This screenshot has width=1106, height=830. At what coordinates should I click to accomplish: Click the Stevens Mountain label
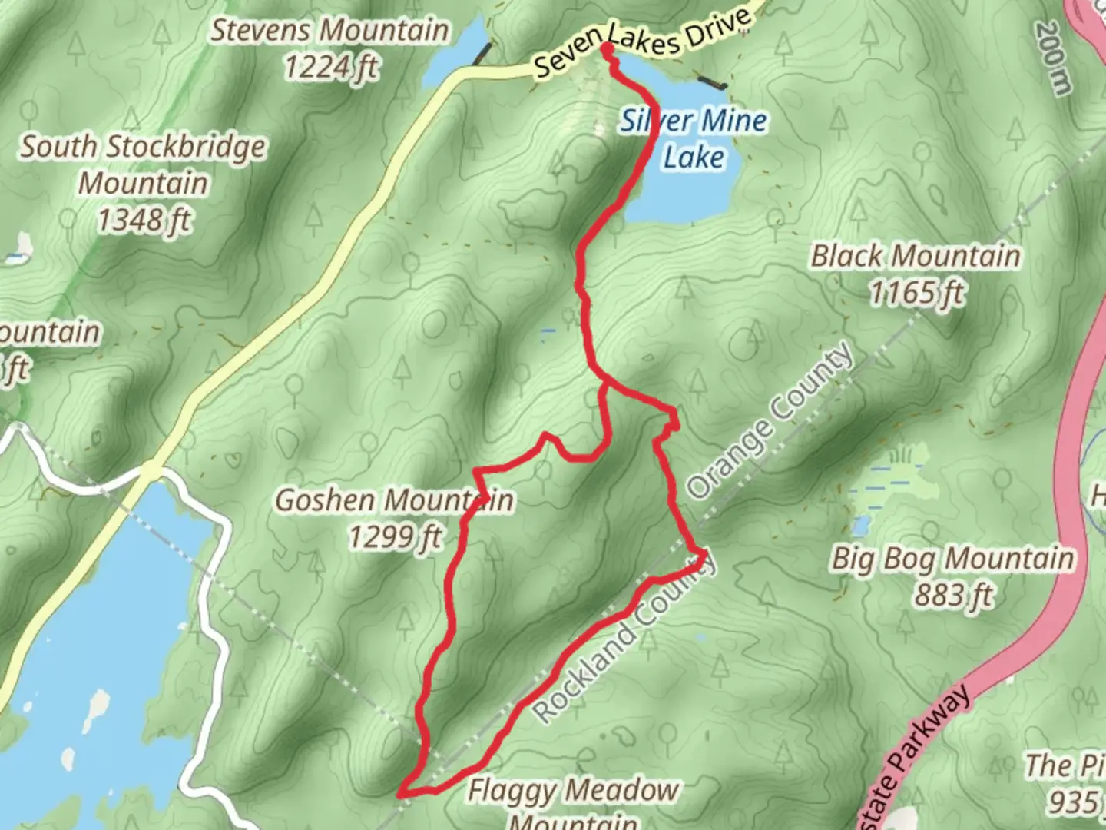pyautogui.click(x=329, y=31)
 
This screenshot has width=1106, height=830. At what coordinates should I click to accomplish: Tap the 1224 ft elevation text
pyautogui.click(x=331, y=68)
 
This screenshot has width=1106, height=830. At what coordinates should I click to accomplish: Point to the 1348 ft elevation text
pyautogui.click(x=144, y=221)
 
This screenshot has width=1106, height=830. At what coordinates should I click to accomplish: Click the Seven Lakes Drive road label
pyautogui.click(x=641, y=43)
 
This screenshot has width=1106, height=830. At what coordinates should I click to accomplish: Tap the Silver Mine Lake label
pyautogui.click(x=694, y=138)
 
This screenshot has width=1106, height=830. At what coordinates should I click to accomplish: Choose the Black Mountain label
pyautogui.click(x=916, y=256)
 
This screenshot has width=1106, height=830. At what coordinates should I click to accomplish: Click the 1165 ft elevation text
pyautogui.click(x=916, y=293)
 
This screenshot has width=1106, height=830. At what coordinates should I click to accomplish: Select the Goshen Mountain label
pyautogui.click(x=394, y=500)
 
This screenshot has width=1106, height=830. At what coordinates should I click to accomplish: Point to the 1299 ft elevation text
pyautogui.click(x=396, y=536)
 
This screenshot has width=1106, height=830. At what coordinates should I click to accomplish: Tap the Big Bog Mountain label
pyautogui.click(x=952, y=559)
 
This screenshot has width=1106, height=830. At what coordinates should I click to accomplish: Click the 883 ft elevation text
pyautogui.click(x=953, y=594)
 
